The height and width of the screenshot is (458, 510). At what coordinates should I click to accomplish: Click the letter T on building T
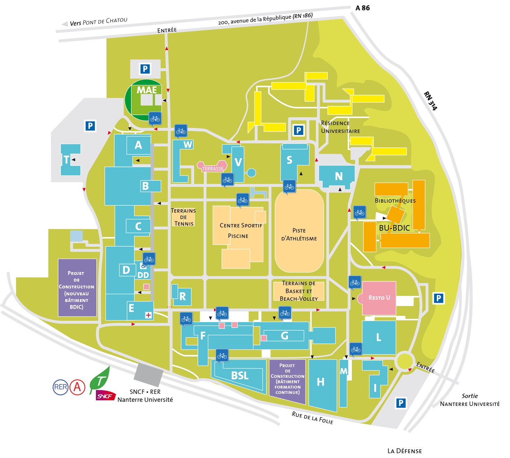coord(66,160)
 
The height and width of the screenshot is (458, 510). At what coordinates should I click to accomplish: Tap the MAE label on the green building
coord(147,90)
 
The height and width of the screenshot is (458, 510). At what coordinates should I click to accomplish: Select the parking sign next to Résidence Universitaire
coord(299,130)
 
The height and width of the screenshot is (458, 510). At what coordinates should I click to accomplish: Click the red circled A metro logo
coord(77,387)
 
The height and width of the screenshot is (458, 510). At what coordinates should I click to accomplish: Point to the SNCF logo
coord(105,396)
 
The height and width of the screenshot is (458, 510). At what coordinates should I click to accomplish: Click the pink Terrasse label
coord(213,169)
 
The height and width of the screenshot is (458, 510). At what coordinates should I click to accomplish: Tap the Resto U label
coord(379,297)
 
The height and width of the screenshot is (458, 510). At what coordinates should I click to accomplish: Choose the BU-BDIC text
coord(394,228)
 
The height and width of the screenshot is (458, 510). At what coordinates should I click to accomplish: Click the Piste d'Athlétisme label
coord(299,235)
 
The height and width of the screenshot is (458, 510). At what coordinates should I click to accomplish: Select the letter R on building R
coord(183,296)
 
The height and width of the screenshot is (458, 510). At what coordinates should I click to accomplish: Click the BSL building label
coord(240,375)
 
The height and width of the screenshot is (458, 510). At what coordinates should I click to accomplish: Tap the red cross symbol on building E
coord(148,315)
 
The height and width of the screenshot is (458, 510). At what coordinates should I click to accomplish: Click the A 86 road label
coord(362,8)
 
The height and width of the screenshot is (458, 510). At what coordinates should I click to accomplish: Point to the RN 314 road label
coord(430,101)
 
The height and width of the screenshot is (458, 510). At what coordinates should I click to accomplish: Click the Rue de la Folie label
coord(313,418)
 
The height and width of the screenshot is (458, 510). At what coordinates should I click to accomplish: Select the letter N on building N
coord(338,177)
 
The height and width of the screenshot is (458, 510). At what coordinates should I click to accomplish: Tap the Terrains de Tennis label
coord(183,217)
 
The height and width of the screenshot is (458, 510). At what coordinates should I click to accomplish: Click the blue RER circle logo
coord(60,387)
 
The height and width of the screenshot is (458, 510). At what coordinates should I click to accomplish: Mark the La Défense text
coord(405,451)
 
